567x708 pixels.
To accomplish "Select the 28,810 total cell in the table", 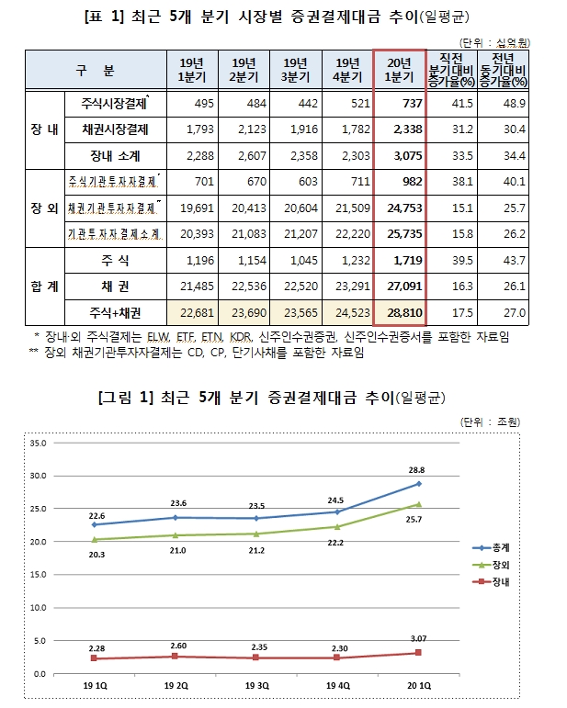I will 401,313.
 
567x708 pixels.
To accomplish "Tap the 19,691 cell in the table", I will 197,208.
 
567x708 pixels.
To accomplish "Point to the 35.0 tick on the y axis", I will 38,443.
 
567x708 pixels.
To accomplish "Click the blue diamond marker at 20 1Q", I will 418,484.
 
